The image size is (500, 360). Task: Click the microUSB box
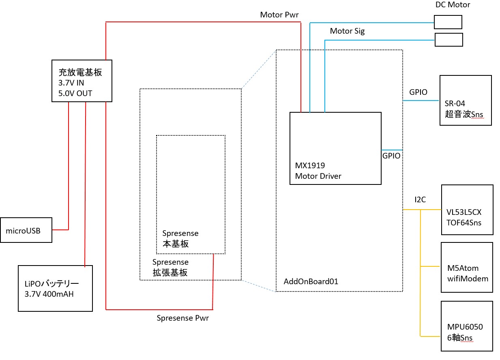click(x=26, y=230)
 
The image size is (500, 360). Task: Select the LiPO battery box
click(x=55, y=288)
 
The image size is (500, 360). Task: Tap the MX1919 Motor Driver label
click(x=318, y=171)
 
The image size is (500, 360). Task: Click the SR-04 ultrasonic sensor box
click(x=466, y=100)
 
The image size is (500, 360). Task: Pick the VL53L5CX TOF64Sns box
click(x=467, y=210)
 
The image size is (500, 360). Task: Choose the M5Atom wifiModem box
click(x=467, y=268)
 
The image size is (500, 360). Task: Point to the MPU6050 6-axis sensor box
click(x=467, y=326)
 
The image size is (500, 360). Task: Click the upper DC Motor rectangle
click(x=448, y=22)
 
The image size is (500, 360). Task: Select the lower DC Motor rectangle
click(x=448, y=40)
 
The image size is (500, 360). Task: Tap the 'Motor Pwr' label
click(x=279, y=15)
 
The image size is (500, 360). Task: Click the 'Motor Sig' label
click(x=347, y=31)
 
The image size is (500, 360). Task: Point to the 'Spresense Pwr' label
click(x=182, y=318)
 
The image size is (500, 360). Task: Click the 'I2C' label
click(x=421, y=200)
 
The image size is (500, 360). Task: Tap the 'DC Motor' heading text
click(x=453, y=5)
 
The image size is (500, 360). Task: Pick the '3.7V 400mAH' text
click(x=49, y=294)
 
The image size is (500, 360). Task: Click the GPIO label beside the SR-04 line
click(x=418, y=92)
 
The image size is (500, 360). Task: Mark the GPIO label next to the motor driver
click(x=391, y=155)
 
